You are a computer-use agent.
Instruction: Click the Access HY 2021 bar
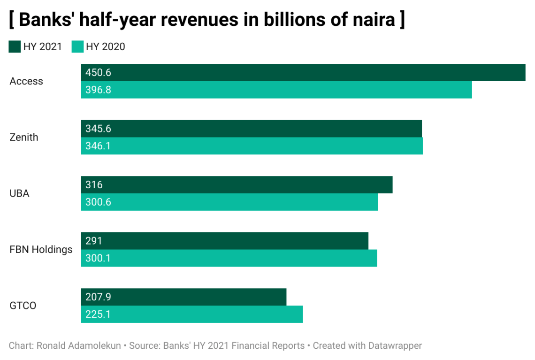pos(303,73)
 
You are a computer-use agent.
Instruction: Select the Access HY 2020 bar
pos(276,90)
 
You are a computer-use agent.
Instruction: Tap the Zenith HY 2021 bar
pos(252,129)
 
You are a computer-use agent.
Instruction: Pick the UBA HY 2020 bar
pos(229,202)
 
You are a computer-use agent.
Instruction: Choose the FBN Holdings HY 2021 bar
pos(225,241)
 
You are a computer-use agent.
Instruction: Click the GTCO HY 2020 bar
pos(192,314)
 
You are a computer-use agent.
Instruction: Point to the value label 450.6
pos(98,73)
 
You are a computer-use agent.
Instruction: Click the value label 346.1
pos(98,146)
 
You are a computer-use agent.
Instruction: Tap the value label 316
pos(94,185)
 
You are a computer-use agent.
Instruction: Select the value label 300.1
pos(98,258)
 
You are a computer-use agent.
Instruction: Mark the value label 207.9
pos(98,297)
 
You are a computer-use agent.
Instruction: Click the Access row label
pos(26,81)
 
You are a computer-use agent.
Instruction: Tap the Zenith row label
pos(24,138)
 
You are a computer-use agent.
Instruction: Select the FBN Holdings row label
pos(41,249)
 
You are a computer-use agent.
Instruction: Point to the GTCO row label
pos(23,306)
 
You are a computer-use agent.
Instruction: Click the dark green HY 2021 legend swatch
pos(15,46)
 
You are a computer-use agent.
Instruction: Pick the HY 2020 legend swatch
pos(77,46)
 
